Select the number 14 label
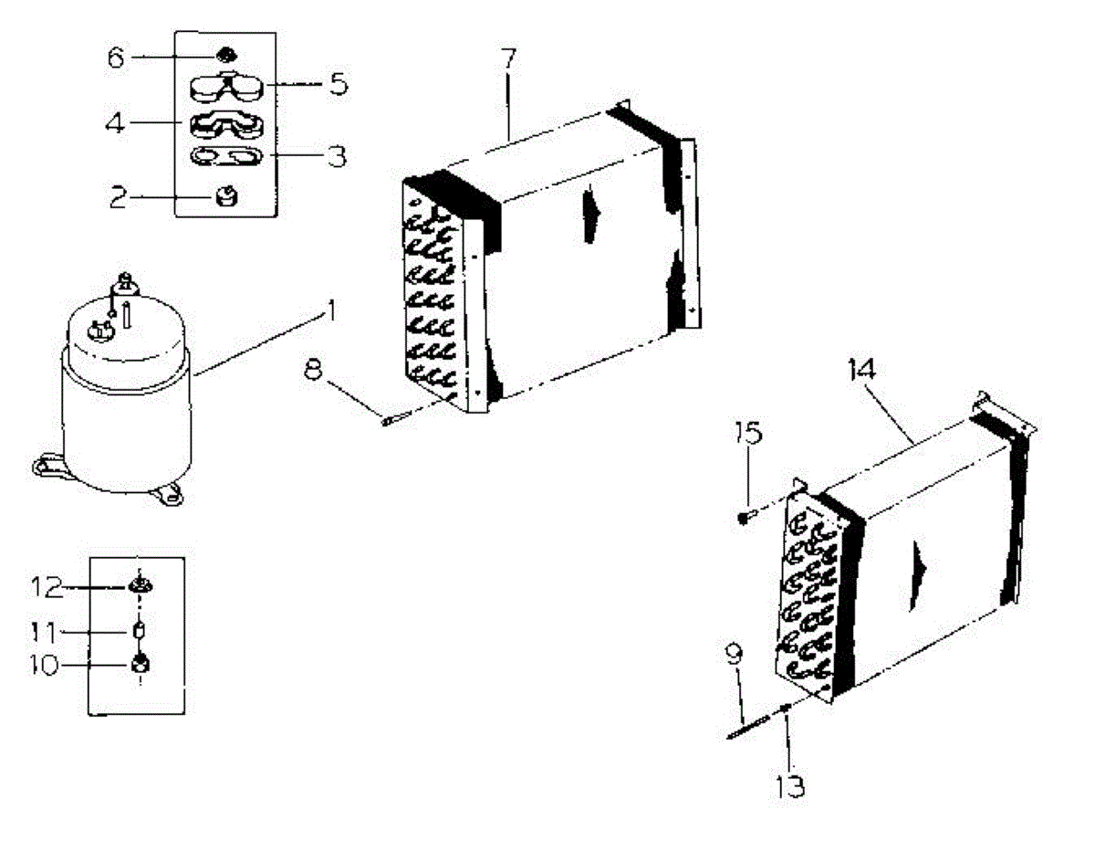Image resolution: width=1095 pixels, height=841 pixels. tap(861, 371)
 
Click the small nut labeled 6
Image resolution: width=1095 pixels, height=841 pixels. tap(224, 58)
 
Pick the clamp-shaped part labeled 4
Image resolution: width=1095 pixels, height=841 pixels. tap(224, 123)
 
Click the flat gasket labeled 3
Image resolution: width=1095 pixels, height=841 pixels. tap(224, 157)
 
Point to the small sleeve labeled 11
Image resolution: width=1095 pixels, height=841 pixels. tap(141, 631)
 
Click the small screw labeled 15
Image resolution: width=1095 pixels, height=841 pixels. tap(745, 518)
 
